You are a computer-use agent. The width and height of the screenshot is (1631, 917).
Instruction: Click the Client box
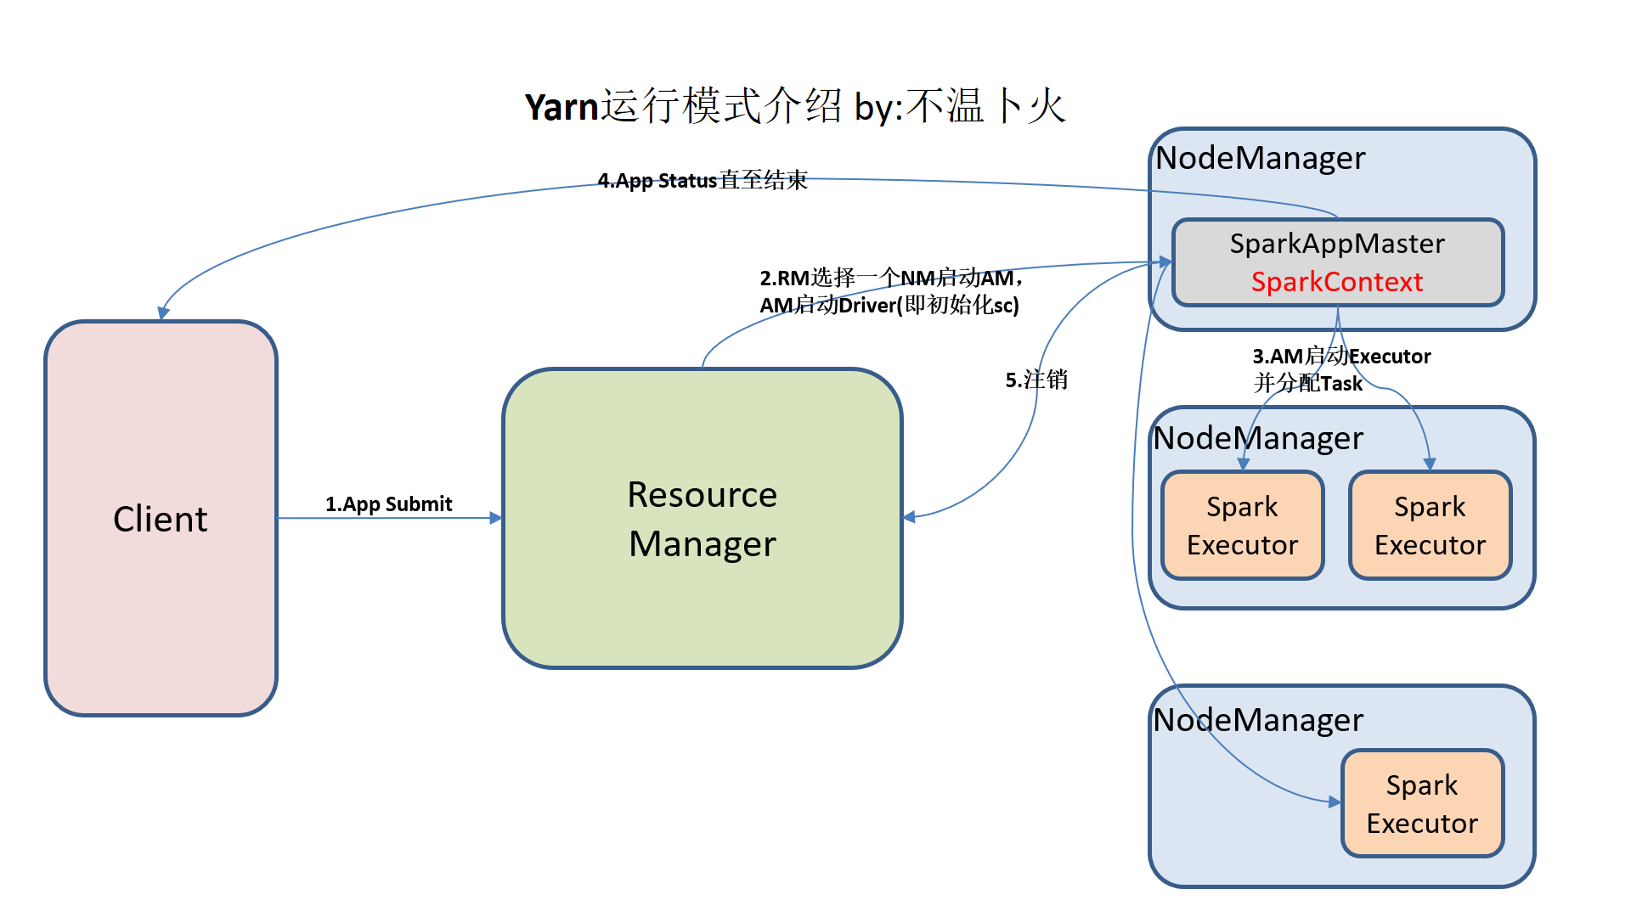[161, 518]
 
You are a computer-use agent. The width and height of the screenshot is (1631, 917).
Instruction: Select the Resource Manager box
[702, 518]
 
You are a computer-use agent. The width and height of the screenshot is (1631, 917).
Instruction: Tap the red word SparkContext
[1336, 282]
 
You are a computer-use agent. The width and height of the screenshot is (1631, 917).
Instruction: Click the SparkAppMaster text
[1336, 244]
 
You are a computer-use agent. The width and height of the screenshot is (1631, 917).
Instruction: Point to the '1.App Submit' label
[388, 504]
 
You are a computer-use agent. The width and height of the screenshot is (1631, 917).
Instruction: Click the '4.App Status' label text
[657, 181]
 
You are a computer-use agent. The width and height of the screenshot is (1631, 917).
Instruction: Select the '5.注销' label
[1036, 380]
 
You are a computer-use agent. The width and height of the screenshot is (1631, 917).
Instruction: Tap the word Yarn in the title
[562, 107]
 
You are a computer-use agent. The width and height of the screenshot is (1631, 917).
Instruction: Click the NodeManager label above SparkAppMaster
[1260, 158]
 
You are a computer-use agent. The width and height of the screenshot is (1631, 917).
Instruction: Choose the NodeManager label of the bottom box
[1258, 720]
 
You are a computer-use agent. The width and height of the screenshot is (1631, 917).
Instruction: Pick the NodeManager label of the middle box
[1258, 438]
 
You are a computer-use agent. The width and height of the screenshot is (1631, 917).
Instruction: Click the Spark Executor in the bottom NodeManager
[1422, 803]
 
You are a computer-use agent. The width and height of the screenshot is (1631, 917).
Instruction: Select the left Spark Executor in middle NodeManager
[1242, 526]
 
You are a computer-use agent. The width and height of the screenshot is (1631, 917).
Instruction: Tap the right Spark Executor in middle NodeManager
[1430, 526]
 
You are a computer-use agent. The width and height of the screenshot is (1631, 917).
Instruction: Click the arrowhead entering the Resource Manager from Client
[496, 518]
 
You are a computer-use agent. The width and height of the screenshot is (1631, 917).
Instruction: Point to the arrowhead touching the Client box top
[163, 313]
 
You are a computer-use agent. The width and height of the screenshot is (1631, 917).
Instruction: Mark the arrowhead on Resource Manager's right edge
[909, 517]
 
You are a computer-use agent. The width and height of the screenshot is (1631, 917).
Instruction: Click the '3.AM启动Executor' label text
[1341, 357]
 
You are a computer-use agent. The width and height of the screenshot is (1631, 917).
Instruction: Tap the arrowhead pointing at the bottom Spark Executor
[1335, 802]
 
